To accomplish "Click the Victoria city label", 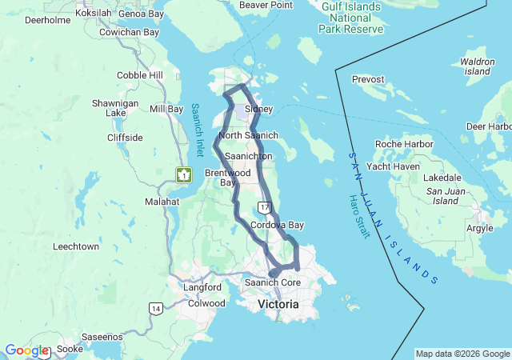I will point(278,305).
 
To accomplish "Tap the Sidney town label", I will point(258,109).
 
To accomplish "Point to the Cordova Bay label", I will point(277,226).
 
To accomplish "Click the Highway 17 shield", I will point(265,206).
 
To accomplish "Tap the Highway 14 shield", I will point(155,308).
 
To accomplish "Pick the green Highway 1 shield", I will point(184,174).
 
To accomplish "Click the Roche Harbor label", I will point(404,144).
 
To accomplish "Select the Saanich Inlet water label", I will point(197,129).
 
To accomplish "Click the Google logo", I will point(26,350).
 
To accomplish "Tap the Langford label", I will point(202,287).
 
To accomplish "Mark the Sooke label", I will point(70,350).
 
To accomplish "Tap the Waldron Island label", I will point(477,66).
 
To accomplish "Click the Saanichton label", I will point(248,156).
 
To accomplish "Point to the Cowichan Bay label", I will point(130,32).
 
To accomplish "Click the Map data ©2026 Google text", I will point(462,354).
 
